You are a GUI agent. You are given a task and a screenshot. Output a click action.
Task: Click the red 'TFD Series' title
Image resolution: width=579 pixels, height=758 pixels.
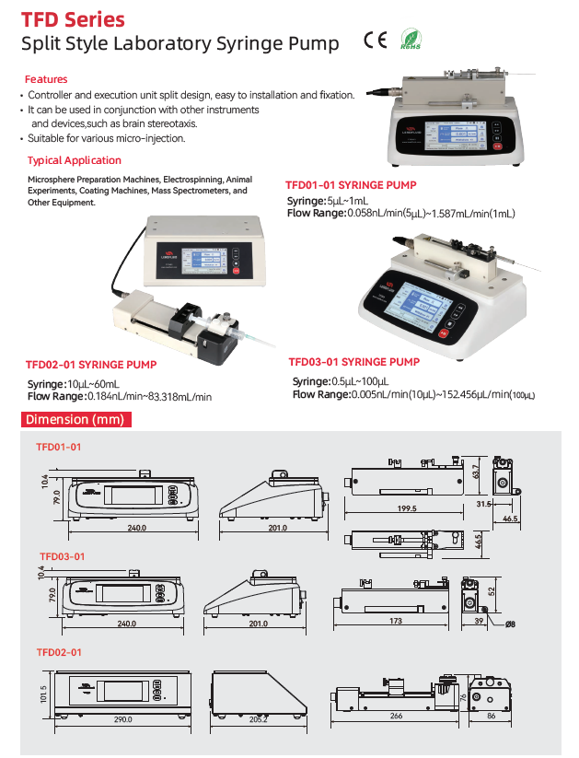74,19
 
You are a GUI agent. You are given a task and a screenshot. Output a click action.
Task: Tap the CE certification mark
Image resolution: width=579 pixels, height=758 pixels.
375,40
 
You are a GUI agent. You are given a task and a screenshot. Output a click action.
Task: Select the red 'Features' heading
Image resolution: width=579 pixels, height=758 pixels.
46,80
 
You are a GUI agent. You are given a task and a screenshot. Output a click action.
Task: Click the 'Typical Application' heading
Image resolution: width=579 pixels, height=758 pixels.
75,160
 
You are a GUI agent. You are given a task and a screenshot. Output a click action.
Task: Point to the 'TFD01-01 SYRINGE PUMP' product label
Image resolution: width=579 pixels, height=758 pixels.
351,185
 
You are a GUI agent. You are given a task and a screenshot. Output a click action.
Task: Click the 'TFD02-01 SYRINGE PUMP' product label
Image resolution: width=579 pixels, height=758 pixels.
91,366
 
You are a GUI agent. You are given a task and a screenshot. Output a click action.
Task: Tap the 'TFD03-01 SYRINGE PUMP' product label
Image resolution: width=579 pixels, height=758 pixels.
354,362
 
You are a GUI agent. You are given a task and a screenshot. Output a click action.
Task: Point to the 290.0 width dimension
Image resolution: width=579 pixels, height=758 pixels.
122,719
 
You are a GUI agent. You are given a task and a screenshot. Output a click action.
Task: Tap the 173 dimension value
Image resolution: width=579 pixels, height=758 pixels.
395,622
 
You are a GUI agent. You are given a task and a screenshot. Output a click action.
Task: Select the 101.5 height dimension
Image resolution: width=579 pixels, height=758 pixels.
43,692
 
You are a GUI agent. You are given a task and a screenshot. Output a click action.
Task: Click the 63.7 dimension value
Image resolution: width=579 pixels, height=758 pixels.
475,472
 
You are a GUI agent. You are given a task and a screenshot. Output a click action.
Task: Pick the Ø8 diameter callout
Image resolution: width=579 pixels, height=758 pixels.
510,626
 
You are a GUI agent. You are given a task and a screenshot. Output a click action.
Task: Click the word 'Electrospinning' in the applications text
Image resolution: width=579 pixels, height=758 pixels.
194,179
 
